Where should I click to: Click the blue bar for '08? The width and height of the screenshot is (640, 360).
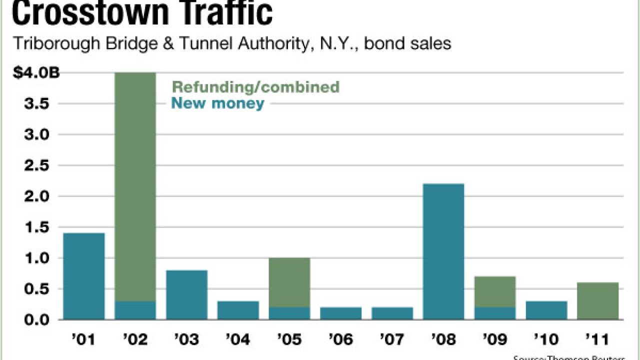[443, 251]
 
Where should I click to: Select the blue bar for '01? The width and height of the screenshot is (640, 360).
[84, 276]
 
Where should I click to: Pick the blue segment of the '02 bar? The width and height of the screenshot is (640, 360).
[135, 310]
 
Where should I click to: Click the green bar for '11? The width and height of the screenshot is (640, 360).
[597, 300]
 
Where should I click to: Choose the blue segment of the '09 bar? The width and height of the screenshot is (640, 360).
[494, 313]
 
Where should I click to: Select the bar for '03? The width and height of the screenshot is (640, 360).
[186, 294]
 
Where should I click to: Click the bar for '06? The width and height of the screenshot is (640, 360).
[340, 313]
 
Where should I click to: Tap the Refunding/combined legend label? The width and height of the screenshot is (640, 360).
[255, 87]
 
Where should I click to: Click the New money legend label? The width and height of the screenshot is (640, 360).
[217, 103]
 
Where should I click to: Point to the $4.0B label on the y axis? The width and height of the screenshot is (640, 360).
[36, 73]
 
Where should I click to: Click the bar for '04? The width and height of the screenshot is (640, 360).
[238, 310]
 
